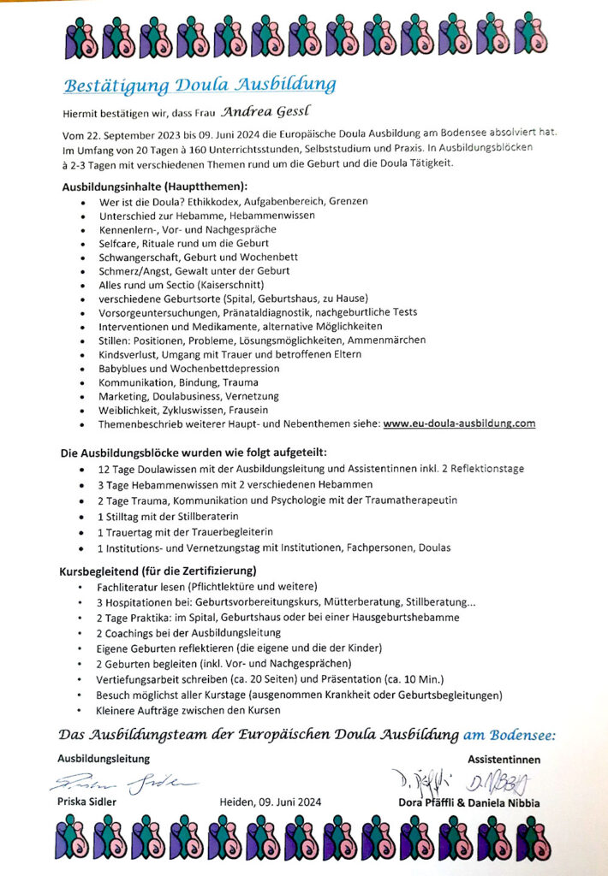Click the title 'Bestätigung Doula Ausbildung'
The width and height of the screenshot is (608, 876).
(200, 85)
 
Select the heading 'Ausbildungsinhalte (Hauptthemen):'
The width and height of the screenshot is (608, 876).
(154, 186)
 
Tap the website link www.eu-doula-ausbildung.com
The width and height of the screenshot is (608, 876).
(460, 423)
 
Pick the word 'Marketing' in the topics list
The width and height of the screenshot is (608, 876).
(123, 396)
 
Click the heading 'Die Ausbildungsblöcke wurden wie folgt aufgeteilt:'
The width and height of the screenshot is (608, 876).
(194, 452)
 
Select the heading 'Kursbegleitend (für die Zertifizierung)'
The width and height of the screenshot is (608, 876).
(159, 570)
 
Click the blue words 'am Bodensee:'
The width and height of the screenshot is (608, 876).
(510, 735)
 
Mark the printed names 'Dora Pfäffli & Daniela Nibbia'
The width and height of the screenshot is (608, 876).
(469, 802)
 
